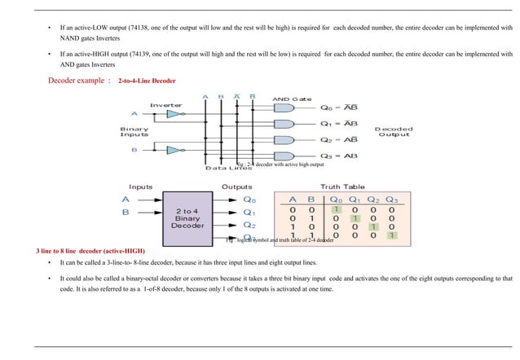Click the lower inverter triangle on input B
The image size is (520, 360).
click(x=172, y=150)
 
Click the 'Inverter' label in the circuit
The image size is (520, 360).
click(x=165, y=105)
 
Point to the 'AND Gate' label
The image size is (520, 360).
click(x=291, y=98)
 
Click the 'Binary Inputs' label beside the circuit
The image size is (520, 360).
click(x=134, y=131)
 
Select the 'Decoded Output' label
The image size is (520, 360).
click(x=393, y=131)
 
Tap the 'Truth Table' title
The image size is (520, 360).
click(x=342, y=187)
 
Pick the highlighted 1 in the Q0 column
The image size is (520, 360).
click(x=335, y=209)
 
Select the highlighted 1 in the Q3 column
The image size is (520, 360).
click(x=391, y=236)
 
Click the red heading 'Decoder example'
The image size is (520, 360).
click(x=79, y=81)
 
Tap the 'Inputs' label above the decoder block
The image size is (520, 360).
click(x=140, y=187)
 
